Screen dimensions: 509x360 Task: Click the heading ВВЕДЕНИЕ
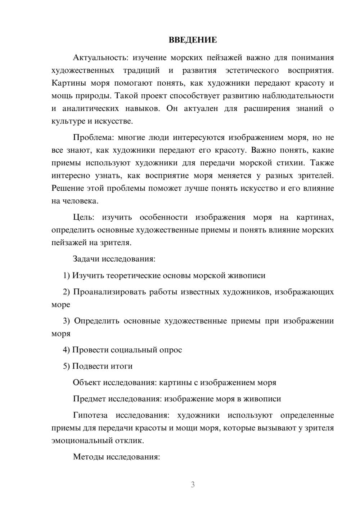point(193,40)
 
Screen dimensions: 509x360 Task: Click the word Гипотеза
point(90,415)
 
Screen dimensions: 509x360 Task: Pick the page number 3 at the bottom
point(193,485)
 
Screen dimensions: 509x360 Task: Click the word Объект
point(87,382)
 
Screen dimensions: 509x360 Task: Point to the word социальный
point(134,350)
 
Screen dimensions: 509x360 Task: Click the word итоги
point(121,366)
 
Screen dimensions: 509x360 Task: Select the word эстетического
point(252,70)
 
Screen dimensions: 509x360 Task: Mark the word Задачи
point(86,259)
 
